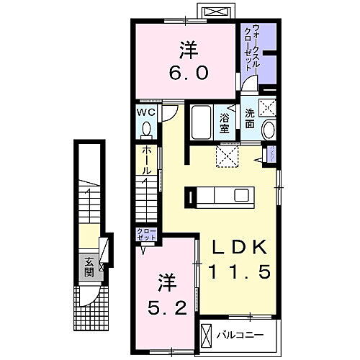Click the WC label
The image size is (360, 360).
click(146, 112)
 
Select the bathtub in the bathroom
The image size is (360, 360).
click(201, 123)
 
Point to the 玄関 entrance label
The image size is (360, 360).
click(87, 267)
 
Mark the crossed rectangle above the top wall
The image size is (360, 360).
click(217, 12)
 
